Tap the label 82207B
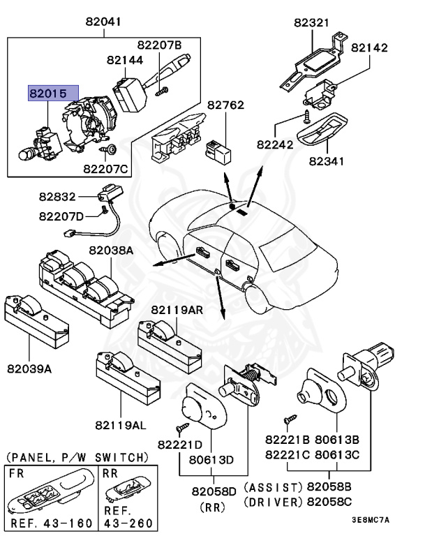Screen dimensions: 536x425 [x=158, y=45]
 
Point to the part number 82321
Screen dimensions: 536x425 [x=311, y=22]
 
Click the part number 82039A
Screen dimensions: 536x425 [x=29, y=368]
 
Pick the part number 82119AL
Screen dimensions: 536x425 [x=121, y=424]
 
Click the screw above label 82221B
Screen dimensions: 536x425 [x=287, y=419]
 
